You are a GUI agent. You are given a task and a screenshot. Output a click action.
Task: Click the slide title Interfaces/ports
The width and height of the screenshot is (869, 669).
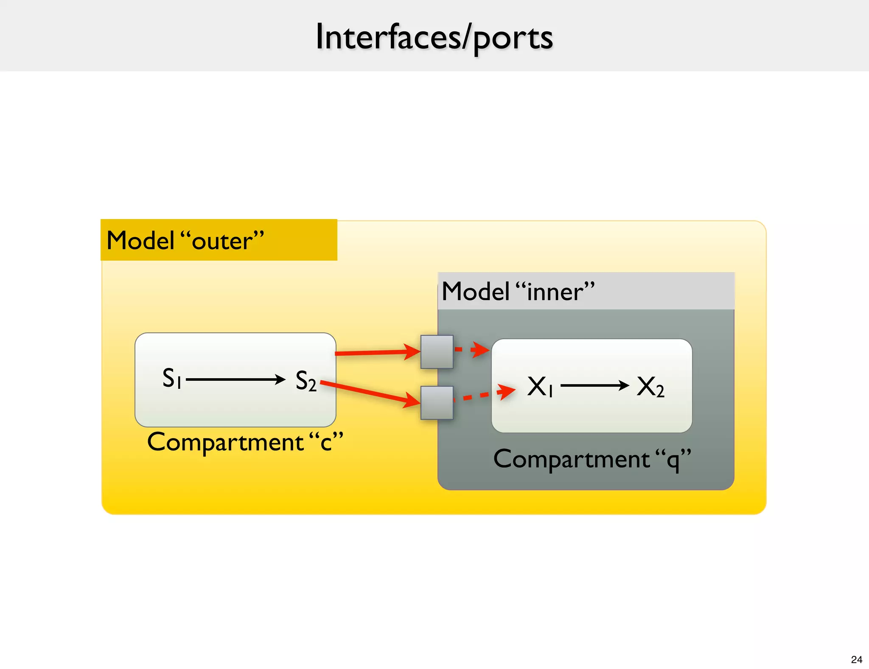434,37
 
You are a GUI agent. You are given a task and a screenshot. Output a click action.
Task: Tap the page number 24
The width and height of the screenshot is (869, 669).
856,659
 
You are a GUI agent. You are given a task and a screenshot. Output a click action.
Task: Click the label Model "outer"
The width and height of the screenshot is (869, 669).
185,240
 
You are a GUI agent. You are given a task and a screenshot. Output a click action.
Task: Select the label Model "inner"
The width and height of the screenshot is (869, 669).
518,292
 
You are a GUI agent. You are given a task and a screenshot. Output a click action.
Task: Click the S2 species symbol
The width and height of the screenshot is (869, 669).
306,380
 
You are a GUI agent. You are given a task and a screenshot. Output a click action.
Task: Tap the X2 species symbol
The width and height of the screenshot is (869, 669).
650,387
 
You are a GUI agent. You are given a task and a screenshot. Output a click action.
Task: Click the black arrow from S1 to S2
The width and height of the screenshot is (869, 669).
235,379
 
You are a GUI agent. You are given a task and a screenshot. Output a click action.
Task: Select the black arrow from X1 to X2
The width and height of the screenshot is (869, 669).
594,385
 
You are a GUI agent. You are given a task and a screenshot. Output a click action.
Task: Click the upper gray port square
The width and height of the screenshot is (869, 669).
437,351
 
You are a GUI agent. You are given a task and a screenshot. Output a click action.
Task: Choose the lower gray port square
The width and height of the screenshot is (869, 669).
437,402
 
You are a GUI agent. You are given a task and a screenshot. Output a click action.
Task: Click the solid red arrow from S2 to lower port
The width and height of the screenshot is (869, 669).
369,392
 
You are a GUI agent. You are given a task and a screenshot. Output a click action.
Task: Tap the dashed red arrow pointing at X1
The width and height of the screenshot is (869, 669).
484,395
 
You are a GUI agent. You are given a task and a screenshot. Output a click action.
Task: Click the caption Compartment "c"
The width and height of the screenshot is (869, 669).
245,442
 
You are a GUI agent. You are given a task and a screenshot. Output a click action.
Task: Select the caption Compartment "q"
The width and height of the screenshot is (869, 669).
592,459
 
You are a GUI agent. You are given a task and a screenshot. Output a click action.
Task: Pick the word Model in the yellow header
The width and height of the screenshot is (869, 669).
140,240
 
